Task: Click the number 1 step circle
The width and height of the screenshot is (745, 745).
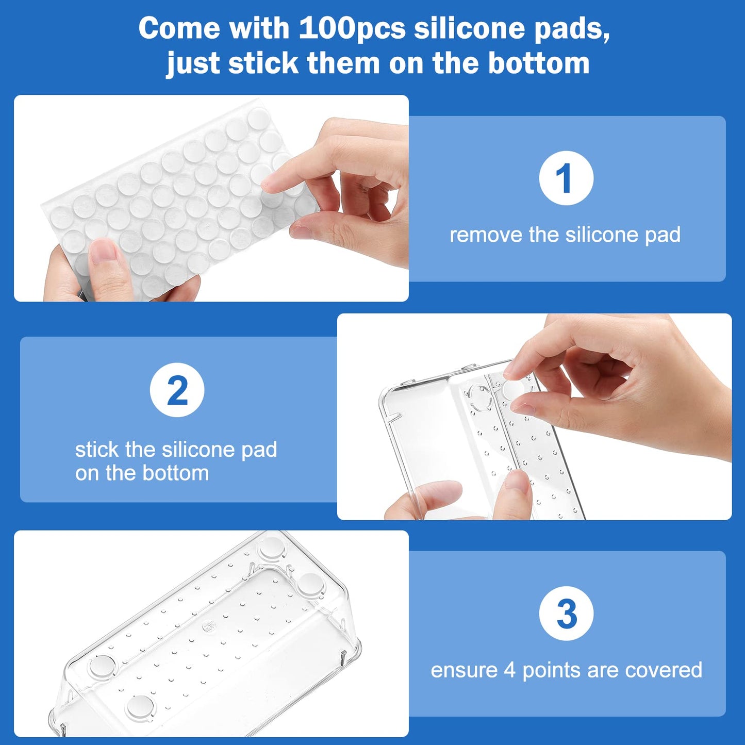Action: (566, 178)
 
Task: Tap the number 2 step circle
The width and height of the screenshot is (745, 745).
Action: (177, 390)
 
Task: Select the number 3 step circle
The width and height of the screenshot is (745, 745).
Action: (566, 614)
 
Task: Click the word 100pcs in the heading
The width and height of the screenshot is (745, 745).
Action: (352, 28)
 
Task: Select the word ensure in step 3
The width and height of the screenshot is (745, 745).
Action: (464, 670)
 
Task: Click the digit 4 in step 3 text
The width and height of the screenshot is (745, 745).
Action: (509, 670)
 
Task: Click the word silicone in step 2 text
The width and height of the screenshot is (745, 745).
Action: (198, 450)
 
